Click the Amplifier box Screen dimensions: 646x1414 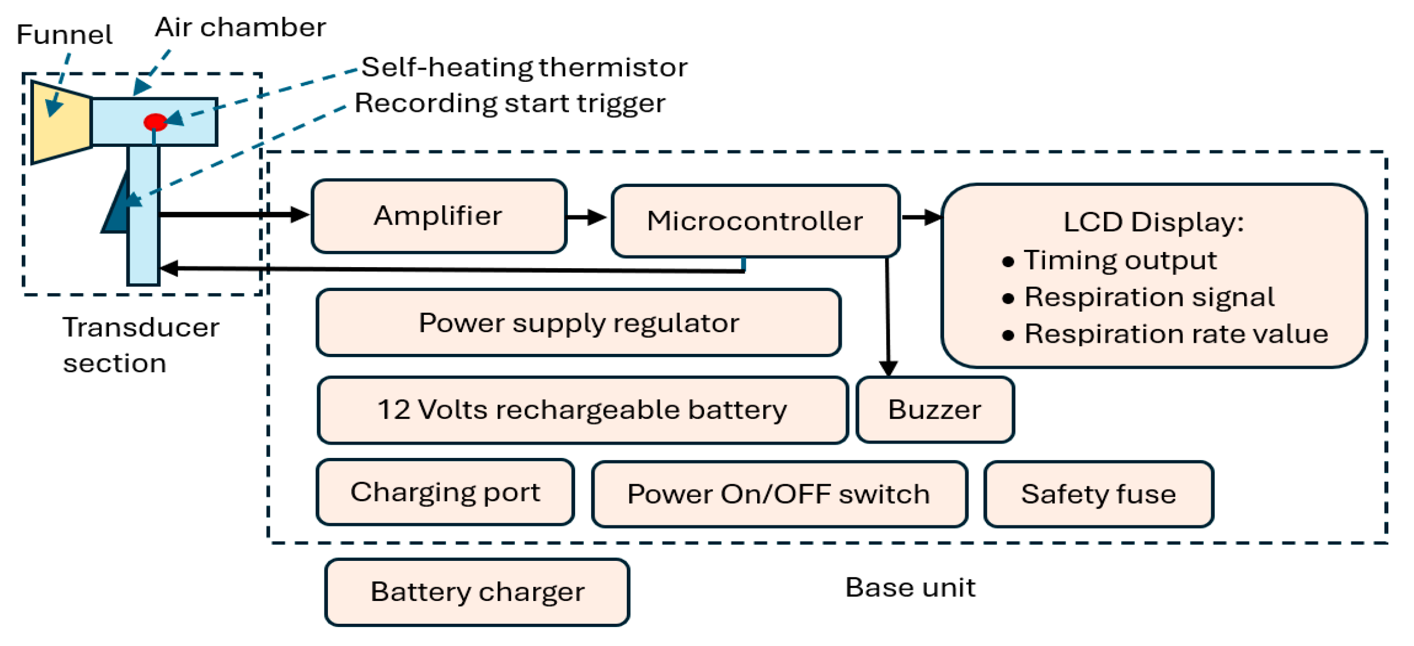(439, 216)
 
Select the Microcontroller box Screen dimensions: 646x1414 (755, 221)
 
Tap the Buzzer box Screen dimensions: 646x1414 (935, 410)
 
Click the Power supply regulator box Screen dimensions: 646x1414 (578, 323)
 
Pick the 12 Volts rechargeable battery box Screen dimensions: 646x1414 (582, 410)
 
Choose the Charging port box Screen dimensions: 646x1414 (445, 492)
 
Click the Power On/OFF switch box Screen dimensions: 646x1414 (779, 494)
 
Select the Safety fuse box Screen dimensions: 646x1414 (1098, 494)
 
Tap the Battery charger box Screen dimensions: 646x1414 (477, 592)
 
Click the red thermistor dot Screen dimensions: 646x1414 (155, 122)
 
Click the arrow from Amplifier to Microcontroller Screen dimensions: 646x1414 (587, 217)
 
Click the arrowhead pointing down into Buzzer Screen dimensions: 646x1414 (888, 368)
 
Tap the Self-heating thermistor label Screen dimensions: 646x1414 (524, 67)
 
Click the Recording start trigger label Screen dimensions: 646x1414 (509, 103)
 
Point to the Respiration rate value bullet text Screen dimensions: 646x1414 (1176, 334)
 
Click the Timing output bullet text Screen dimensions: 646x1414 (1120, 260)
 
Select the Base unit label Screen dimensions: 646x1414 (910, 588)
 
